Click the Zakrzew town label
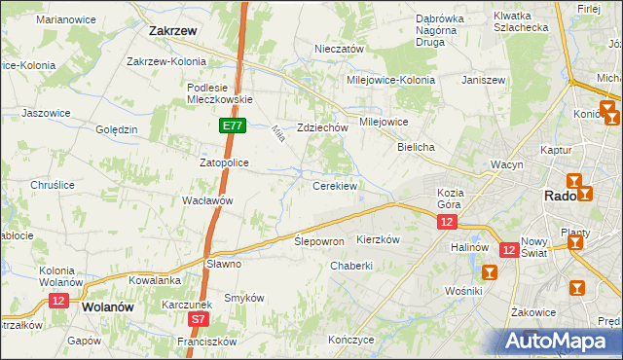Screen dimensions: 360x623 [173, 30]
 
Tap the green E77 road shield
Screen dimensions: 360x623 [231, 126]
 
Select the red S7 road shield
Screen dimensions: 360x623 [199, 318]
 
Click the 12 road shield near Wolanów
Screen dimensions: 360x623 [57, 302]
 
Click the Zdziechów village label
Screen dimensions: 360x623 [322, 127]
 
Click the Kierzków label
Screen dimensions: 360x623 [379, 238]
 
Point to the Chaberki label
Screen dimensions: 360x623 [351, 266]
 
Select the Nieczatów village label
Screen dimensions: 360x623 [339, 49]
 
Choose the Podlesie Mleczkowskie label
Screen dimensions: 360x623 [219, 92]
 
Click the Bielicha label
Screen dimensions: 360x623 [416, 146]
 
